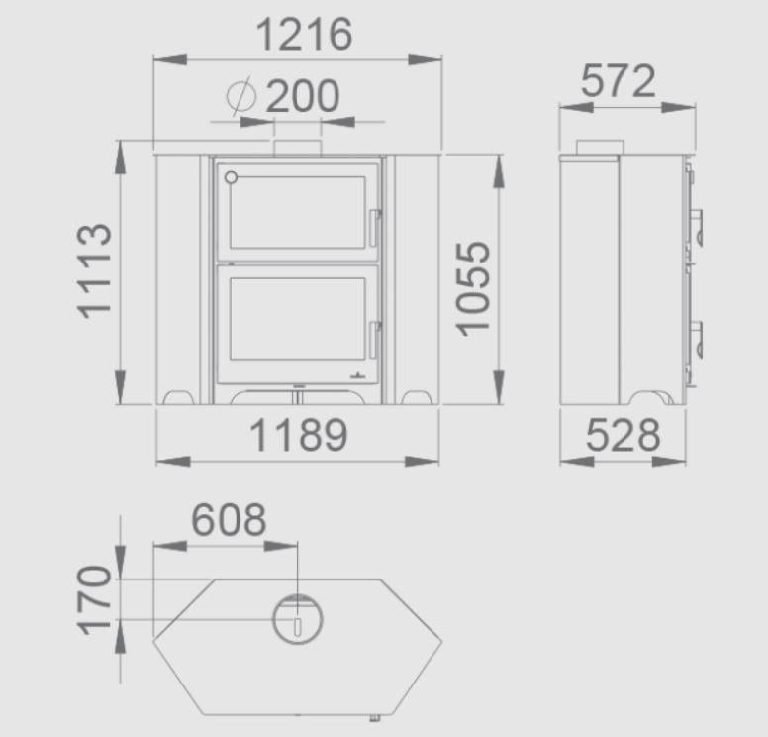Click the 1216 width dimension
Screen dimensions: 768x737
click(304, 34)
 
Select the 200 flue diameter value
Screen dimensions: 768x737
click(302, 96)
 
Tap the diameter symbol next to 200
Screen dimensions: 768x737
click(241, 96)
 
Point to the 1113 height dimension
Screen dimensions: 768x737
click(94, 271)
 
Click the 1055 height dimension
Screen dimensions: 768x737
click(473, 289)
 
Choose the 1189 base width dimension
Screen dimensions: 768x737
click(298, 435)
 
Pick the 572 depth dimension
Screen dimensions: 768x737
click(618, 81)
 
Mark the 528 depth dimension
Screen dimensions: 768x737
click(623, 435)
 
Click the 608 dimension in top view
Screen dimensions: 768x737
click(229, 519)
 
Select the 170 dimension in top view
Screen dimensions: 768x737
click(94, 600)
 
